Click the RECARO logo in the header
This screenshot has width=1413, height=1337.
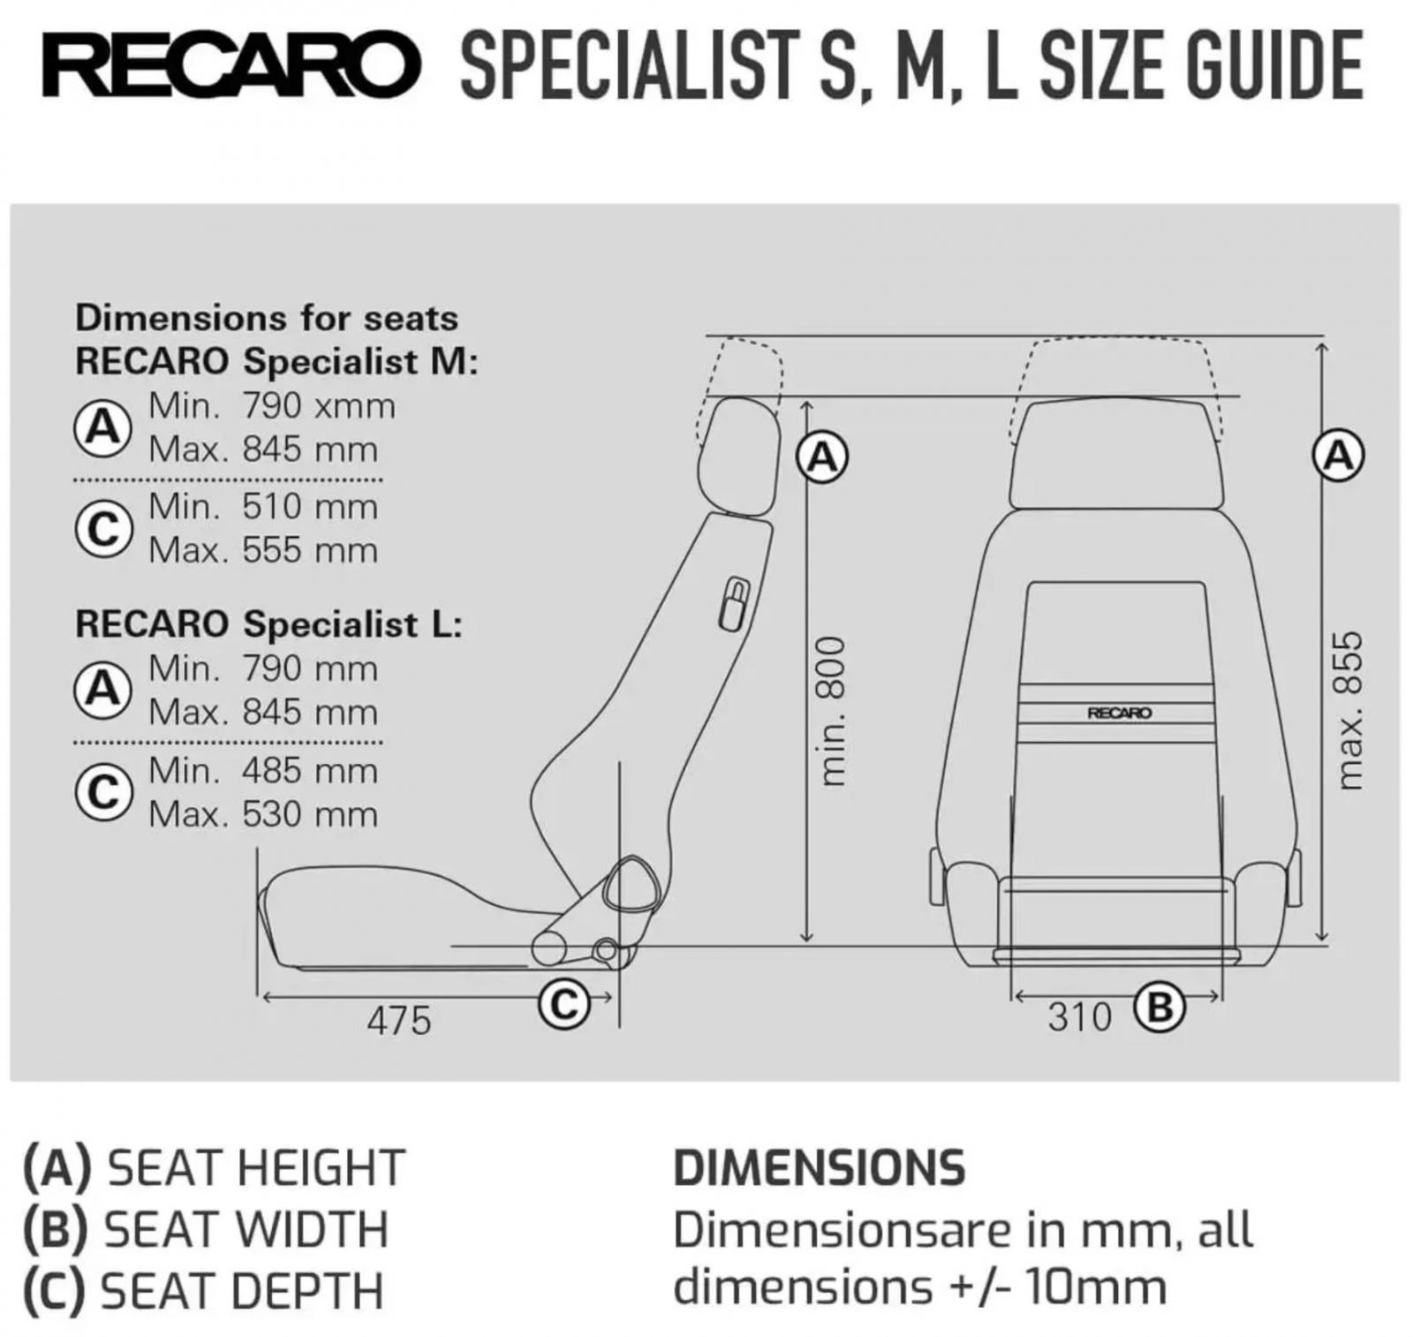pyautogui.click(x=230, y=66)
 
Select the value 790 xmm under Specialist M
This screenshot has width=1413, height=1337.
pyautogui.click(x=319, y=406)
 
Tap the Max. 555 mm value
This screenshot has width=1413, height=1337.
pyautogui.click(x=263, y=550)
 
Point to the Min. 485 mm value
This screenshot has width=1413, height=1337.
pyautogui.click(x=263, y=771)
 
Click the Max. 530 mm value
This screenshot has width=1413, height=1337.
pyautogui.click(x=263, y=814)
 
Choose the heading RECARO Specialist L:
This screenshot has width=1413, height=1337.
pyautogui.click(x=269, y=624)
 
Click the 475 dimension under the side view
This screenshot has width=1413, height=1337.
pyautogui.click(x=399, y=1021)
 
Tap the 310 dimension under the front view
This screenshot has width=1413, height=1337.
pyautogui.click(x=1079, y=1017)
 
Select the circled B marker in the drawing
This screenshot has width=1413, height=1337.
pyautogui.click(x=1159, y=1007)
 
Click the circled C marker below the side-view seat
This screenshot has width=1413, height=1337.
pyautogui.click(x=563, y=1004)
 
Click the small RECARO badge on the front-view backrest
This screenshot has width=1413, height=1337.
pyautogui.click(x=1120, y=713)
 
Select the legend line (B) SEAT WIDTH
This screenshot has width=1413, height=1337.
pyautogui.click(x=206, y=1229)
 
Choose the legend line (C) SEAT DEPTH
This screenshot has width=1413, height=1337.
pyautogui.click(x=204, y=1291)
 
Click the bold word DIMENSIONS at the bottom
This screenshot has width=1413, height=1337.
pyautogui.click(x=820, y=1167)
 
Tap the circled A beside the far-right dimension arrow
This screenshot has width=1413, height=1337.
pyautogui.click(x=1339, y=457)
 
